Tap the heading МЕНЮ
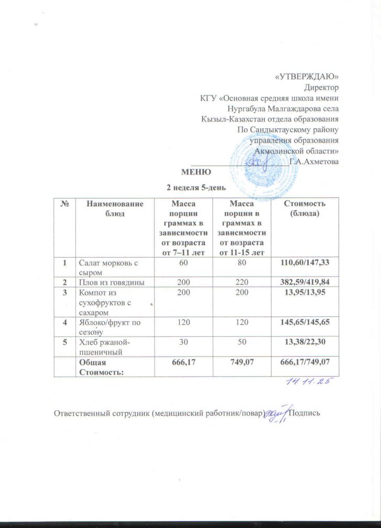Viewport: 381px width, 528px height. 196,171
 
